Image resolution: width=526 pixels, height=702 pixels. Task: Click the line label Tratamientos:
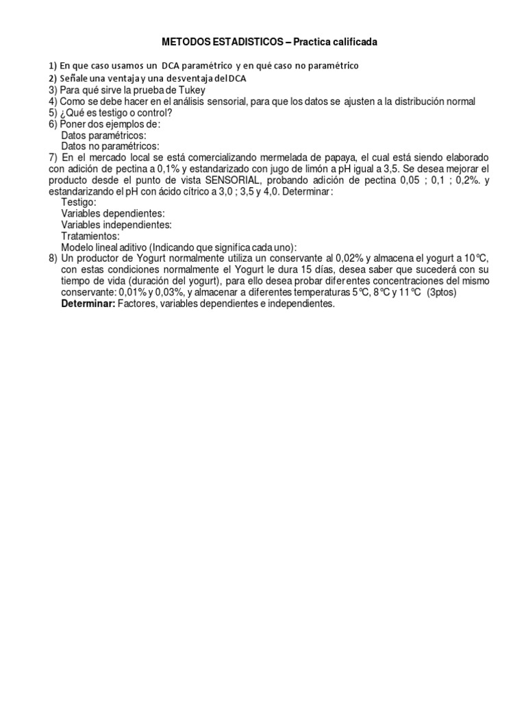(x=90, y=236)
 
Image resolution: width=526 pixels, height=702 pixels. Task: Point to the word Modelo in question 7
(x=77, y=247)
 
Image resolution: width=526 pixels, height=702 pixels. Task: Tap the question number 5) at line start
(x=53, y=112)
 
